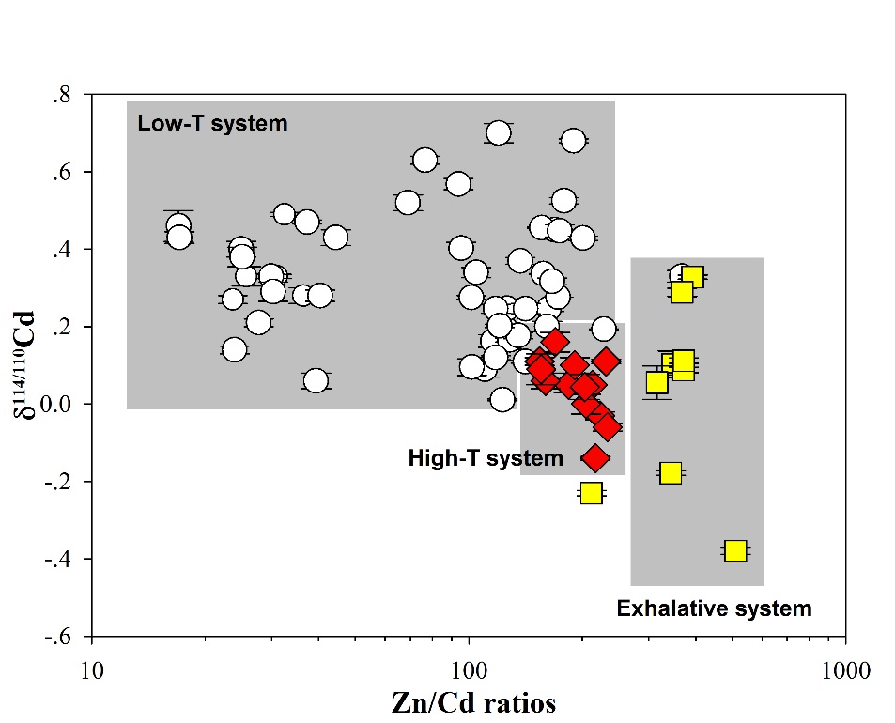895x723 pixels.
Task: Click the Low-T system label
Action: click(212, 123)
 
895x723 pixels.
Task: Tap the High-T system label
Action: click(486, 458)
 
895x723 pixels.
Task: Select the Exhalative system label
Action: click(714, 608)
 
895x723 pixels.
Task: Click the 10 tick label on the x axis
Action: click(91, 670)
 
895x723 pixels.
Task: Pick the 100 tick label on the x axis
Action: click(469, 670)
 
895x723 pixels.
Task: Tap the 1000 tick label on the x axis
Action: click(846, 670)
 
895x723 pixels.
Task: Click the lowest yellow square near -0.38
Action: click(735, 550)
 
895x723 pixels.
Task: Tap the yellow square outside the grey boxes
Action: click(591, 492)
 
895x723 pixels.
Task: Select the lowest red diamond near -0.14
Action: click(594, 457)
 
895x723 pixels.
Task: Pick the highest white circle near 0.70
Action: click(498, 132)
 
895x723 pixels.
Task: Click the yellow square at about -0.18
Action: click(671, 472)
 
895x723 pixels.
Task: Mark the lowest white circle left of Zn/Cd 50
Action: click(316, 380)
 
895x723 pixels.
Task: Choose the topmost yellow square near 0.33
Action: click(693, 277)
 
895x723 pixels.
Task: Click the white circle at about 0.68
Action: click(573, 141)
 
